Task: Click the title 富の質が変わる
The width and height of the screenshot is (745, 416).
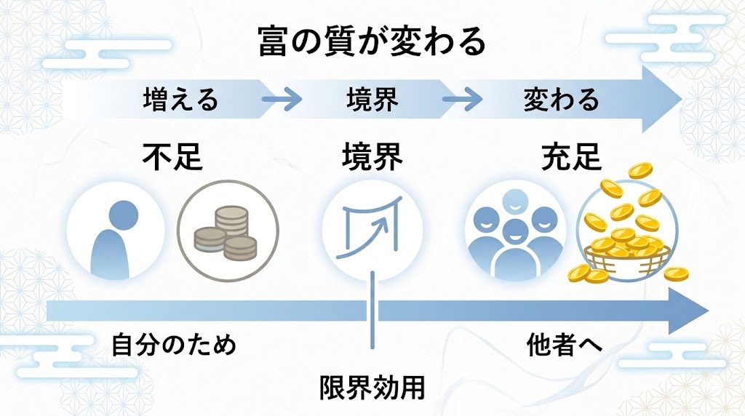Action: tap(372, 42)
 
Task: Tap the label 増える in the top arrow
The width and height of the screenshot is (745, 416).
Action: tap(180, 100)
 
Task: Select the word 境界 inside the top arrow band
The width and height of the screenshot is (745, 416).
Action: tap(372, 100)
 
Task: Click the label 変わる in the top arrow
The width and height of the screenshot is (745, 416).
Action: tap(561, 100)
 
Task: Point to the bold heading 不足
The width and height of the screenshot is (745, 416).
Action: tap(172, 156)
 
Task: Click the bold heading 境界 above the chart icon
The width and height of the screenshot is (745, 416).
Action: tap(372, 156)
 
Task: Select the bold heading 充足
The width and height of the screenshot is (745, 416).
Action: tap(571, 156)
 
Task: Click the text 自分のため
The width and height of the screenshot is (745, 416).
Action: tap(174, 344)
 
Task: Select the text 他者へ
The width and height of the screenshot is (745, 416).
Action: tap(565, 344)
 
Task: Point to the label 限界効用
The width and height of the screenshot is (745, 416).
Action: tap(372, 386)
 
